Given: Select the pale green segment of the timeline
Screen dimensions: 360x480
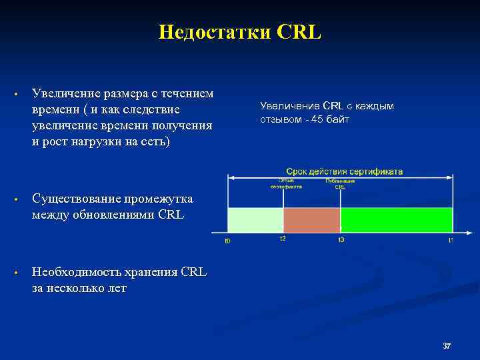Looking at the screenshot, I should point(255,219).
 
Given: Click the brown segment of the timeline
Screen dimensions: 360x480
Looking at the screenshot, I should point(311,219).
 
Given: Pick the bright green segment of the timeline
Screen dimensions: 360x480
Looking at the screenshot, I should point(396,219).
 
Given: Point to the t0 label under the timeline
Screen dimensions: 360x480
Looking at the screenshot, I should point(227,241).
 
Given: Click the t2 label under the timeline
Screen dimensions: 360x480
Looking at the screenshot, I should point(283,239).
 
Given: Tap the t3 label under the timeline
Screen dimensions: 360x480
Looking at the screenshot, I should point(341,239).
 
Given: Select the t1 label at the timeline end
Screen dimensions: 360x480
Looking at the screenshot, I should point(451,240).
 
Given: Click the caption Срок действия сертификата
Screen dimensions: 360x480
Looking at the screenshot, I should point(345,171).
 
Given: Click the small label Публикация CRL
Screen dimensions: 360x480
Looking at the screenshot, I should point(340,184).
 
